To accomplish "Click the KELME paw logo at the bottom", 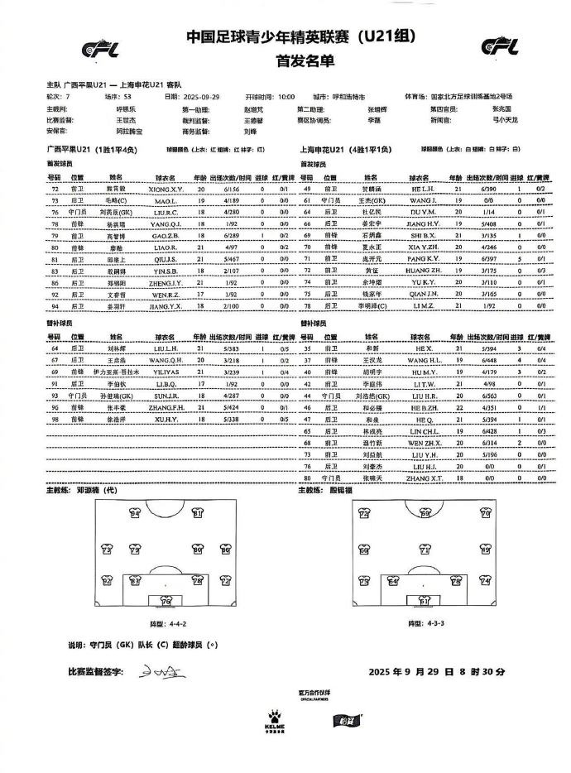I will [x=270, y=718].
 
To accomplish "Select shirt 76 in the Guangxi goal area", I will [x=168, y=602].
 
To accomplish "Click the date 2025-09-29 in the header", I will [x=203, y=97].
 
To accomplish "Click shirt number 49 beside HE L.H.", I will [x=305, y=190].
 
